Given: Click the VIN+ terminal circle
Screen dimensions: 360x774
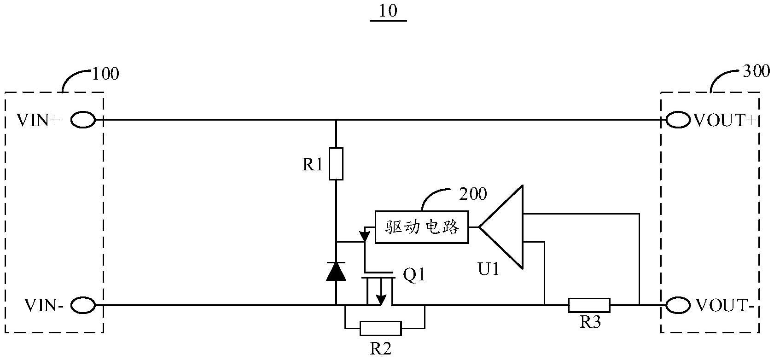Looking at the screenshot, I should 83,121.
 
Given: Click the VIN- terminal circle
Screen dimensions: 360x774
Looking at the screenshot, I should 83,305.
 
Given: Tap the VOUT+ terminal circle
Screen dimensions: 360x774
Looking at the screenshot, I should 677,121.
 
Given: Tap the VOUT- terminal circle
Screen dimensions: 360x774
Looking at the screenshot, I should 677,305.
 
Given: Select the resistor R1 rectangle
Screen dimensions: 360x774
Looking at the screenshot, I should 336,163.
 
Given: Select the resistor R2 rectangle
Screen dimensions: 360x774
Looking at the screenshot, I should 380,328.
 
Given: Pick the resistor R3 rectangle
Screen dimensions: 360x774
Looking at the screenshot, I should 589,305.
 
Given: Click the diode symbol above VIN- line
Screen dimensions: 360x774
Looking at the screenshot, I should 336,271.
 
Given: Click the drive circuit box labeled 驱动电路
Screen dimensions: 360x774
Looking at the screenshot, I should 422,227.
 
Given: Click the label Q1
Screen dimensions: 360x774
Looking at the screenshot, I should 414,276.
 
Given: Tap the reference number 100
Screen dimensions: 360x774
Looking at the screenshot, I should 105,74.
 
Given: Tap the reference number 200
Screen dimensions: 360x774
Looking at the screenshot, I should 473,194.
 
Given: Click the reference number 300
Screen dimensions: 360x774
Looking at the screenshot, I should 757,71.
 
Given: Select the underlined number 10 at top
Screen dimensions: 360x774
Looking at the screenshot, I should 388,11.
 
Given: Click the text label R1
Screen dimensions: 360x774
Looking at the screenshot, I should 313,165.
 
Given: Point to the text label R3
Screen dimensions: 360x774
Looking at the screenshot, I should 590,322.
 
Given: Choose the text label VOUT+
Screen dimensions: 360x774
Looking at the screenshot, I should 725,121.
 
